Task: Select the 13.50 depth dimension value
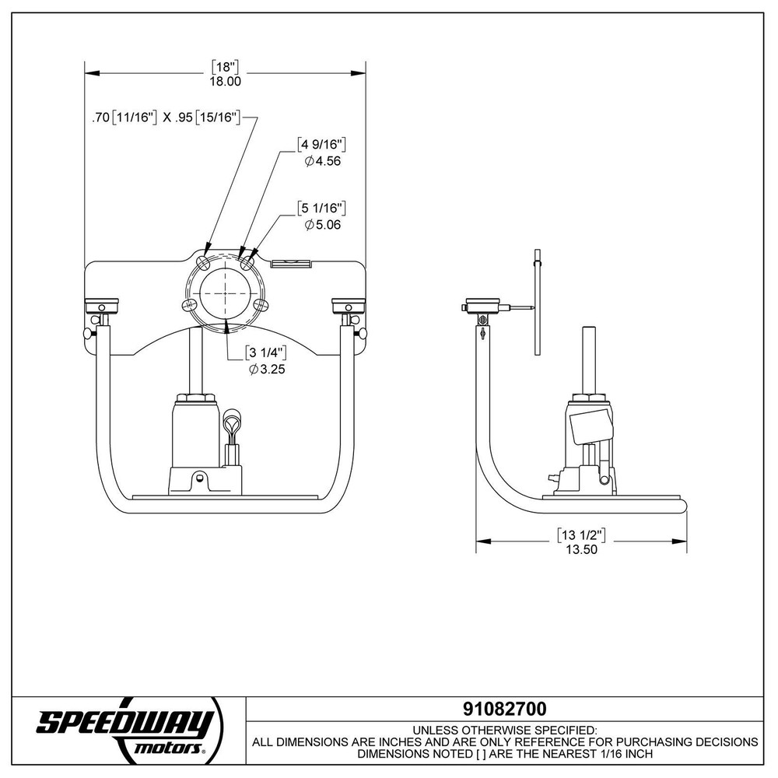point(581,548)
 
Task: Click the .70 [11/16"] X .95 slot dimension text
point(170,118)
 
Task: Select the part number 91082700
point(504,709)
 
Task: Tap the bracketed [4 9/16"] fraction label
point(321,145)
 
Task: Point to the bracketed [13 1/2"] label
point(581,534)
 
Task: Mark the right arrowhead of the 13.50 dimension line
point(682,541)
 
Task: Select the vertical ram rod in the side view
point(591,358)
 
